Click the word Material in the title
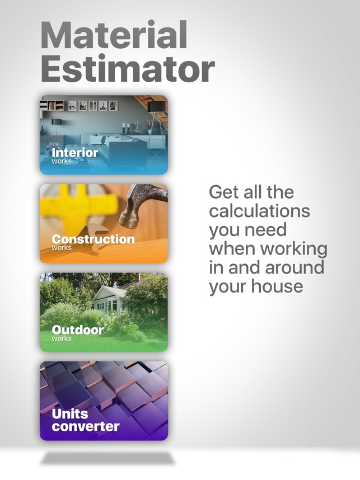114,35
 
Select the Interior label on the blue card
75,153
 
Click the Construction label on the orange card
93,239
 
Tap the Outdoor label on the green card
77,330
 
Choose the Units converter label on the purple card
86,420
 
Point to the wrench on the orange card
92,238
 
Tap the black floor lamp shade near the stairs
157,107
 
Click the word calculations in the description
260,211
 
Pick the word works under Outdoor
62,338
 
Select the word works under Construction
62,248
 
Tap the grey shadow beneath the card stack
107,458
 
